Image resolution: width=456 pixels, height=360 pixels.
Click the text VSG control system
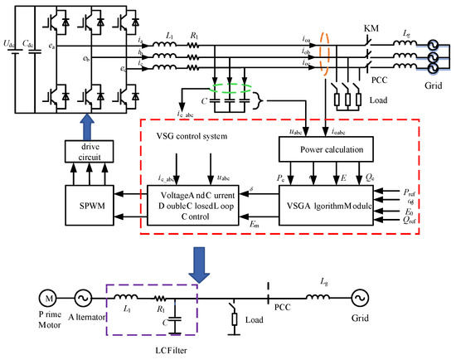click(x=196, y=135)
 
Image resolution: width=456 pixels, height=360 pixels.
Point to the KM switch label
click(x=371, y=28)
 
